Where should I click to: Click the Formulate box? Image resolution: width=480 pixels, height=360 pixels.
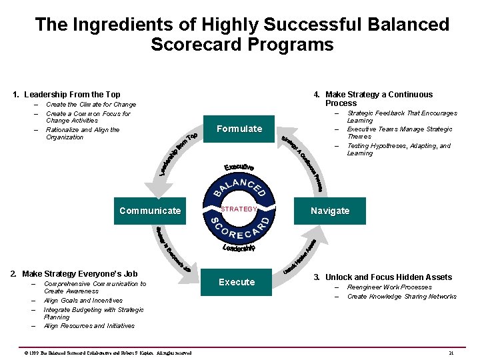click(x=239, y=129)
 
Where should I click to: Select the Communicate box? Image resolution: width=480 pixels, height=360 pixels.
click(x=150, y=211)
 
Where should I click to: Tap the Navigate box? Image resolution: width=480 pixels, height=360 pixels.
click(x=330, y=211)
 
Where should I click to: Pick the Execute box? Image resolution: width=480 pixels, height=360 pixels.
click(x=237, y=282)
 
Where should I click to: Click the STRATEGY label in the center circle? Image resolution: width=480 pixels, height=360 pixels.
click(x=239, y=209)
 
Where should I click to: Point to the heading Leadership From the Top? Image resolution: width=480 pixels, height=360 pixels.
click(x=67, y=95)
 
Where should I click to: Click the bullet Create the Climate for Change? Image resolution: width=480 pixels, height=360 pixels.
click(x=91, y=105)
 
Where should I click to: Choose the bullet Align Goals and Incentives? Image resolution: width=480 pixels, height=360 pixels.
click(x=83, y=301)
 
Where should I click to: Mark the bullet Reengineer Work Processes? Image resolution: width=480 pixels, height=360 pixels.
click(x=389, y=287)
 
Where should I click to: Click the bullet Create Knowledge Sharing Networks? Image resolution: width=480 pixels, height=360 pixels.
click(x=401, y=297)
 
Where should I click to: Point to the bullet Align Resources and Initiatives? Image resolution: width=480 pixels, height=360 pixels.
click(x=89, y=326)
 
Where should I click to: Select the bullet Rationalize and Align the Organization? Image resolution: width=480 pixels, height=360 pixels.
click(x=83, y=133)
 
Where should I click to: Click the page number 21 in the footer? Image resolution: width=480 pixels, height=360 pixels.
click(x=451, y=353)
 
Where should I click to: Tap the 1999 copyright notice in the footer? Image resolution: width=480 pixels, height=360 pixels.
click(x=107, y=353)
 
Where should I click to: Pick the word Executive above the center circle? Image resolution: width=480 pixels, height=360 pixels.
click(x=239, y=167)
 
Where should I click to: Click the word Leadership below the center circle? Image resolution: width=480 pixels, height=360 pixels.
click(x=239, y=248)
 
